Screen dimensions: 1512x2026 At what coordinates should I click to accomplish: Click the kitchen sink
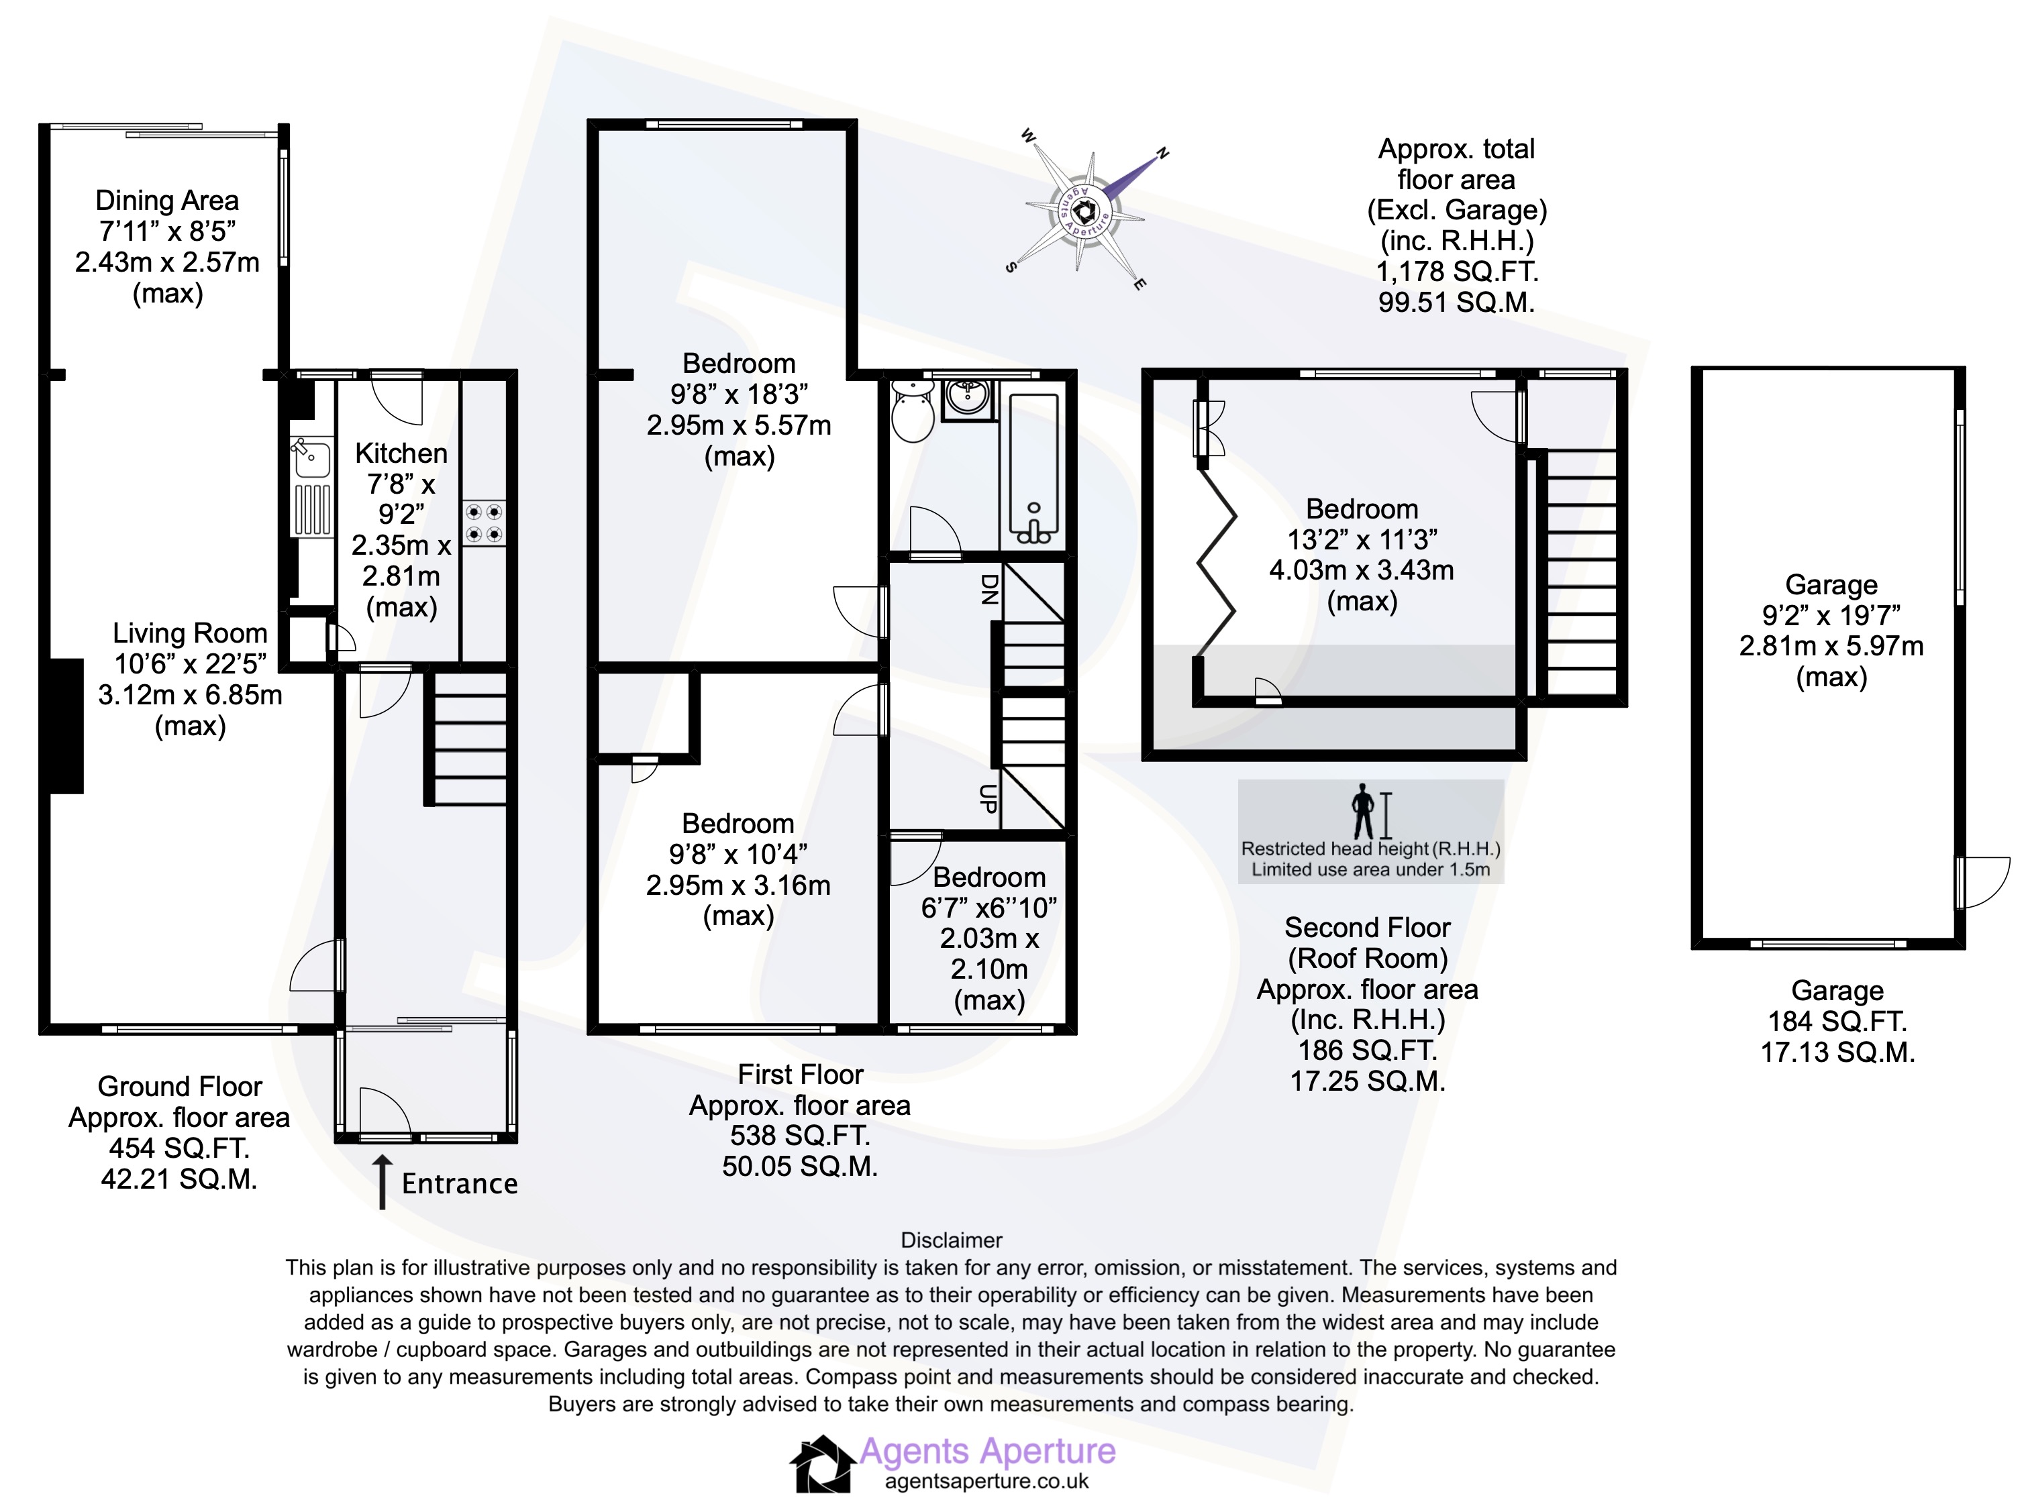(311, 457)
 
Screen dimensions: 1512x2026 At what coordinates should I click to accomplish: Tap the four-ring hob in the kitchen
(483, 523)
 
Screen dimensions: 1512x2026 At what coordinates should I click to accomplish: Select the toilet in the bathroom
(913, 412)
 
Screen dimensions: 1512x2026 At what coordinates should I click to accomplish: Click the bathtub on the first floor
(1033, 468)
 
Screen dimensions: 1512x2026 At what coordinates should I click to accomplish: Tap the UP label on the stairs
(988, 799)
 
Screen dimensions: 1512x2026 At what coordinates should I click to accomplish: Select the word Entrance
(460, 1183)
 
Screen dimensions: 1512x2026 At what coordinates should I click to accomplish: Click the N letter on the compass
(1163, 153)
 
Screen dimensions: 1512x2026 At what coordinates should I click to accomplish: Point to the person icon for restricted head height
(1363, 810)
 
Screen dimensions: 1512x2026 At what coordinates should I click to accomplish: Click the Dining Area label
(166, 201)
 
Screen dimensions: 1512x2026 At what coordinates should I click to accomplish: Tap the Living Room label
(189, 633)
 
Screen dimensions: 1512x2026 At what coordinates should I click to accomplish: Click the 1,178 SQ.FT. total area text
(1456, 271)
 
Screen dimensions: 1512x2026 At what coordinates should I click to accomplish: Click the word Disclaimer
(951, 1240)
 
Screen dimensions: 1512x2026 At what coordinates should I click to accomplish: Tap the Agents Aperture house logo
(821, 1464)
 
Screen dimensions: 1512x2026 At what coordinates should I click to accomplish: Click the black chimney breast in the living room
(66, 726)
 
